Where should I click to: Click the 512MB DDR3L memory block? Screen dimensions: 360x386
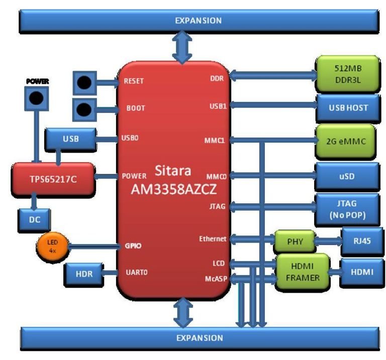347,73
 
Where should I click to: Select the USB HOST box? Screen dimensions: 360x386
347,107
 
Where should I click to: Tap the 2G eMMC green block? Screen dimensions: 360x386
347,141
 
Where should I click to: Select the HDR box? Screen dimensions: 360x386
83,274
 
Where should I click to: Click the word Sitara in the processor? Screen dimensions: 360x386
172,171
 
